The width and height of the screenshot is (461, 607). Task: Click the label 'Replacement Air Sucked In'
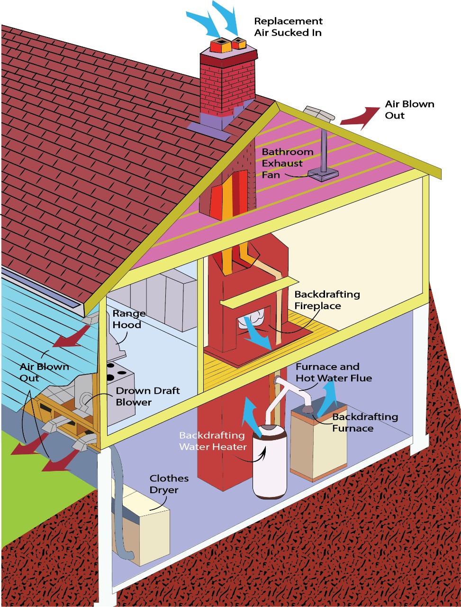(288, 27)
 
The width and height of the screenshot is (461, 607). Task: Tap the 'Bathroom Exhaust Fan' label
(288, 163)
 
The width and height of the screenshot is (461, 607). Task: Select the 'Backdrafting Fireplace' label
(327, 300)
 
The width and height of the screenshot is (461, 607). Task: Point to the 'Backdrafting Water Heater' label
(213, 441)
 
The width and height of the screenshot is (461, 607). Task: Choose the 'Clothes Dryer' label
(169, 484)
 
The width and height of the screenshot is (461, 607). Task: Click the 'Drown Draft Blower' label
(148, 396)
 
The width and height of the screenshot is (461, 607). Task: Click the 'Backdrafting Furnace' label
(365, 423)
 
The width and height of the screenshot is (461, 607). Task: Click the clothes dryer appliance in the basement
(142, 531)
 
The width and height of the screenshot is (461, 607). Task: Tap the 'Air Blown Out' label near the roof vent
(409, 110)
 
